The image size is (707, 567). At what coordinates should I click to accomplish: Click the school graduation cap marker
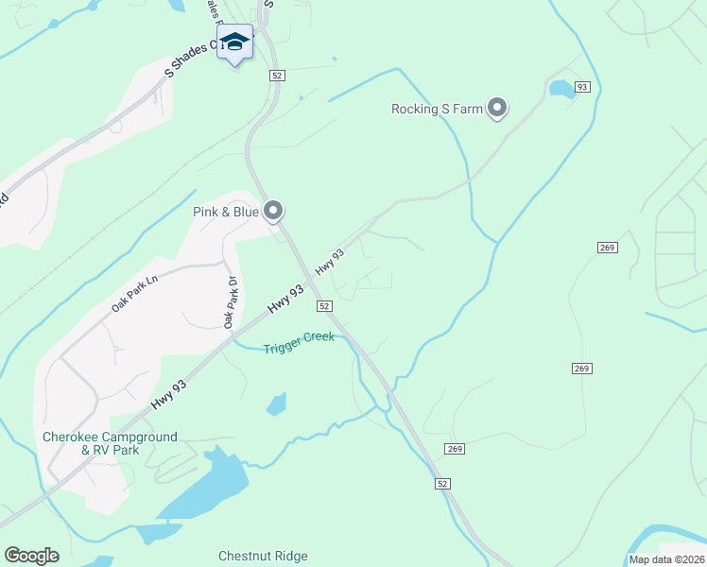[x=235, y=43]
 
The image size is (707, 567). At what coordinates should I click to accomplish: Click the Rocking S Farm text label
[x=437, y=109]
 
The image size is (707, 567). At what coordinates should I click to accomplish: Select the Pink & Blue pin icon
[x=273, y=211]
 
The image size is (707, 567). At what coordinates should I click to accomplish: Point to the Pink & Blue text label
[x=226, y=212]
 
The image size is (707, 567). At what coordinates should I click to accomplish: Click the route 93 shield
[x=582, y=87]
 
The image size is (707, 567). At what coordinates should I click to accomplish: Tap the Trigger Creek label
[x=299, y=337]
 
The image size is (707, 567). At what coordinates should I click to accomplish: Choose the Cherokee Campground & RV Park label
[x=110, y=443]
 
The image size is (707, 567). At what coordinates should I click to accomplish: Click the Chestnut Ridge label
[x=263, y=556]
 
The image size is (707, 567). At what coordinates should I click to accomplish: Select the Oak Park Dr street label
[x=230, y=301]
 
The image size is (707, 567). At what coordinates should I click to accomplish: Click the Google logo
[x=31, y=556]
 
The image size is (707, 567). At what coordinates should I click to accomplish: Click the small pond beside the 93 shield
[x=561, y=89]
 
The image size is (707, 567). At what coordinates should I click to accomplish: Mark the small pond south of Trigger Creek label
[x=276, y=404]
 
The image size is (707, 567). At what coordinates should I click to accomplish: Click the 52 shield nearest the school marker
[x=276, y=76]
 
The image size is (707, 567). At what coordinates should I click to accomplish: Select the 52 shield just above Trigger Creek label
[x=324, y=306]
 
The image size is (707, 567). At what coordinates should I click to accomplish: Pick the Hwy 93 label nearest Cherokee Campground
[x=168, y=394]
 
